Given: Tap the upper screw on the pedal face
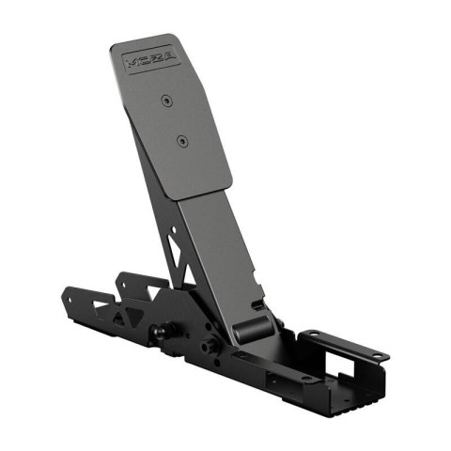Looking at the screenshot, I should tap(165, 99).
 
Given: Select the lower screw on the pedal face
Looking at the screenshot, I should tap(181, 141).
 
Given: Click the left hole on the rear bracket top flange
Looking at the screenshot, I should tap(309, 334).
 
